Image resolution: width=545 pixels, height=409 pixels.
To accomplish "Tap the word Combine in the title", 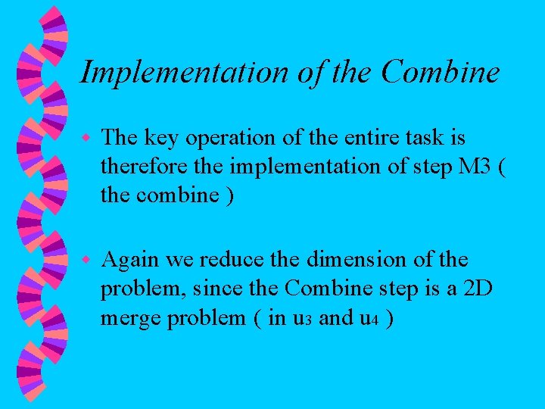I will [441, 72].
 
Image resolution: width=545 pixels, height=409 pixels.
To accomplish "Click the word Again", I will [130, 261].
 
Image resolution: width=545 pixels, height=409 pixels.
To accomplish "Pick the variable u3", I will [298, 318].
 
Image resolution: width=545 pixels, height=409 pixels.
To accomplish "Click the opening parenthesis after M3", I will [500, 167].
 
